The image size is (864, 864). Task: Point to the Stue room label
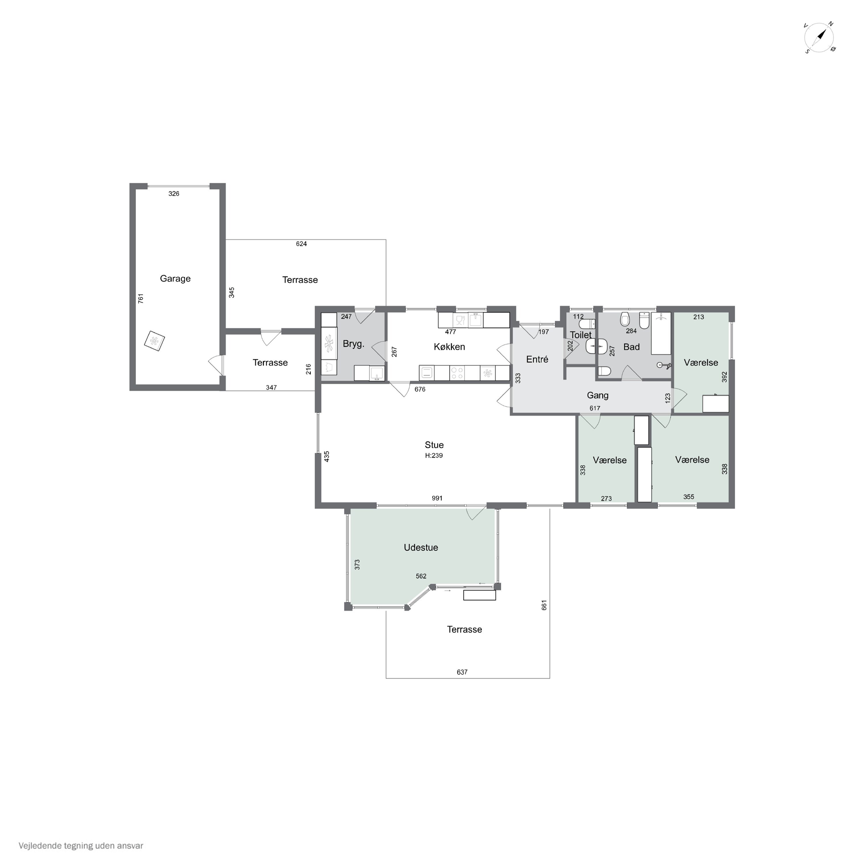(434, 445)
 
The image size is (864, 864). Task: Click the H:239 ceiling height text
(434, 456)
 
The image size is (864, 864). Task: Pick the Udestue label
(421, 548)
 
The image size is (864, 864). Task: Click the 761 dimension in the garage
(141, 299)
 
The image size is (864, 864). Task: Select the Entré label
(537, 359)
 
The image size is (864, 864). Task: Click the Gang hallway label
(598, 396)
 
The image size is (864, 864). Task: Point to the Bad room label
(632, 347)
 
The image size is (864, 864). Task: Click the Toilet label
(581, 335)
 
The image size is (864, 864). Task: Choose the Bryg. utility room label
(354, 344)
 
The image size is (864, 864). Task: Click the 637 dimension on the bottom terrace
(462, 672)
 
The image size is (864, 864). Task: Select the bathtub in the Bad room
(661, 334)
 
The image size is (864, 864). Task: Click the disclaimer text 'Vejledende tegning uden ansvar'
(81, 846)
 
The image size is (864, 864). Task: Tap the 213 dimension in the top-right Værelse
(698, 317)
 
